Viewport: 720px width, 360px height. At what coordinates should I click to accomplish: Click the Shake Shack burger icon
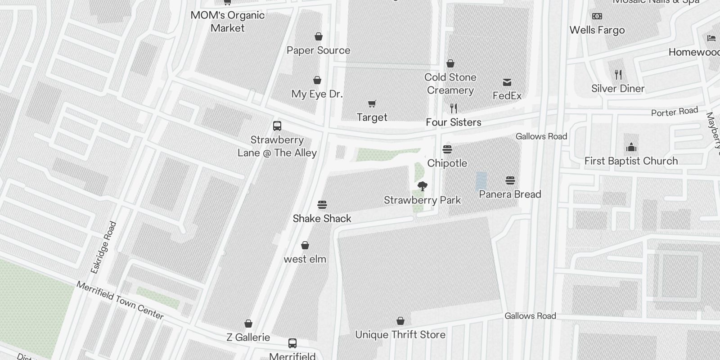click(x=322, y=205)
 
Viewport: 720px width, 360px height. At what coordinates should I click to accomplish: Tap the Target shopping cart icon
click(x=372, y=104)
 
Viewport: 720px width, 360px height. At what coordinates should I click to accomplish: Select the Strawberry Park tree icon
click(x=422, y=186)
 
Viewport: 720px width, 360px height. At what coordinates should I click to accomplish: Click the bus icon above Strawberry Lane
click(x=277, y=126)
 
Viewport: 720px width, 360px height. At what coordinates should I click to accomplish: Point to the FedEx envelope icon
click(x=507, y=82)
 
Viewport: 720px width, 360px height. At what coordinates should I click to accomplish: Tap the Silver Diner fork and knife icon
click(x=618, y=75)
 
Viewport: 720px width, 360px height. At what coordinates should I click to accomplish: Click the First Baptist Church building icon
click(x=631, y=148)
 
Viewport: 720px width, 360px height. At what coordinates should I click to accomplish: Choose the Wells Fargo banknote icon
click(x=597, y=17)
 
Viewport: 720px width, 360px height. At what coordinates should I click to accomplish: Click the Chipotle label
click(x=447, y=163)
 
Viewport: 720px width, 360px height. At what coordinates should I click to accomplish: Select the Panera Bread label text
click(x=510, y=194)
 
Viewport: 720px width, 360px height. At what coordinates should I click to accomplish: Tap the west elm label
click(x=305, y=259)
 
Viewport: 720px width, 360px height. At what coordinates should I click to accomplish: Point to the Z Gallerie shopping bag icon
click(x=248, y=324)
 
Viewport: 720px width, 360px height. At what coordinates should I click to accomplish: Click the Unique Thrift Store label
click(x=400, y=335)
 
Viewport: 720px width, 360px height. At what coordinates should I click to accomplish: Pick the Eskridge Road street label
click(x=103, y=247)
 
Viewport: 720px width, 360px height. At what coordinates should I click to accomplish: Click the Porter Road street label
click(x=675, y=112)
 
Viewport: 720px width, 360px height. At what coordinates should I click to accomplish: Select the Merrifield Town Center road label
click(x=120, y=300)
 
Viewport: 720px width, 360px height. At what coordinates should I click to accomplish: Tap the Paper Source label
click(x=319, y=50)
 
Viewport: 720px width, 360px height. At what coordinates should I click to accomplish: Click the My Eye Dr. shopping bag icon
click(x=317, y=81)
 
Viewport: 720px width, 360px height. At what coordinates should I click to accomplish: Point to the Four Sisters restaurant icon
click(x=454, y=108)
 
